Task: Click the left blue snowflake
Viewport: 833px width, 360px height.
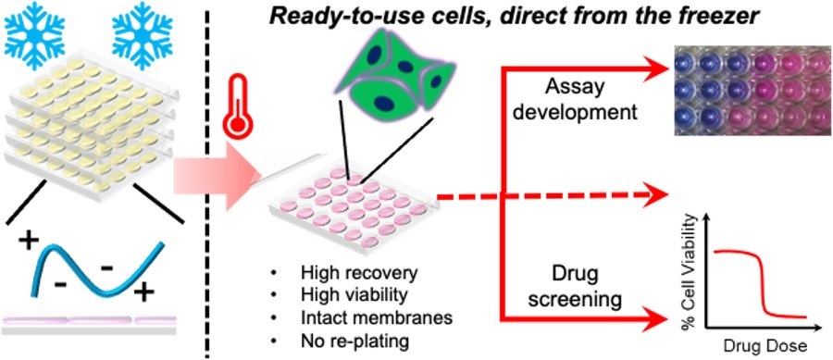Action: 33,35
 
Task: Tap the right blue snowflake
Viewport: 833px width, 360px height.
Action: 142,35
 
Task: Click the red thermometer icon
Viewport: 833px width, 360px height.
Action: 237,106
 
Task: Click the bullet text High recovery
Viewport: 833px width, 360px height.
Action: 359,273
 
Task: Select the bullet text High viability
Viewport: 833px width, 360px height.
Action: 356,296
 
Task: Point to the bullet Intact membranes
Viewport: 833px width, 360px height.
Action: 376,318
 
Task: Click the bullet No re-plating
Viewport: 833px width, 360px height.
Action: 354,341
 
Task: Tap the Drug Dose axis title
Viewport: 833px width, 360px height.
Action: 765,346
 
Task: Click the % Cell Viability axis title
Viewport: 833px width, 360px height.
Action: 691,270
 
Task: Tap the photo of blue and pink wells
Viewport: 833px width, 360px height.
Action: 753,91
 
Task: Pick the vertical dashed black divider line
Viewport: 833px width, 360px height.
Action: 206,180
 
